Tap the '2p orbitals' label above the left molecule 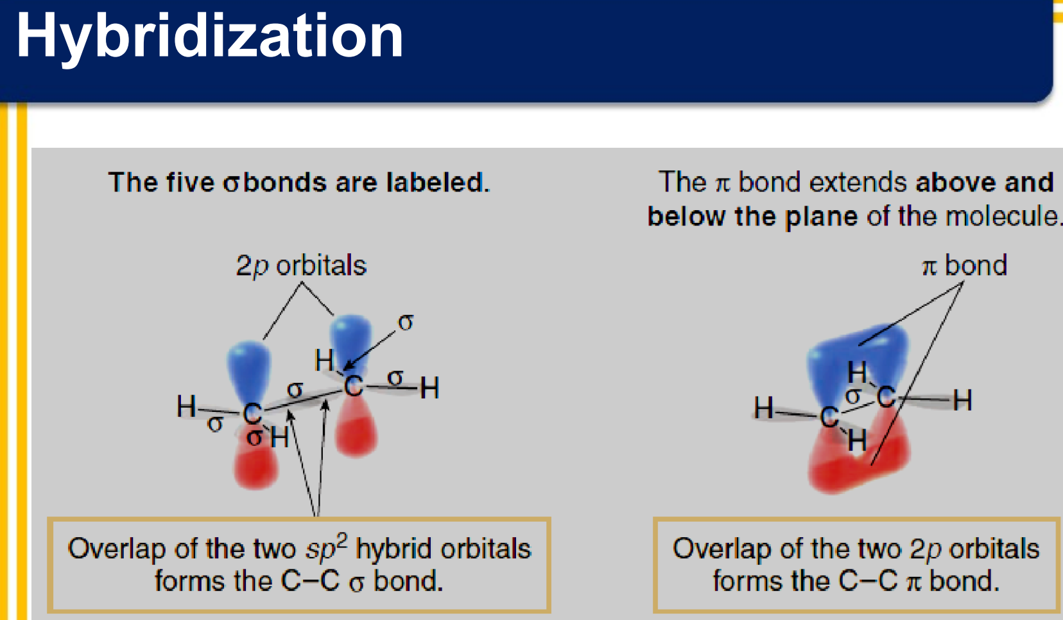click(301, 266)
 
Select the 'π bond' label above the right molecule click(964, 265)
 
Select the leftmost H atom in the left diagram click(186, 407)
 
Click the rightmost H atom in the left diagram click(429, 387)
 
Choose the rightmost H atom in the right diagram click(962, 400)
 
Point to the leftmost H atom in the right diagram click(764, 407)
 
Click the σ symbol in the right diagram click(853, 395)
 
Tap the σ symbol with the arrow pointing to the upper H click(406, 323)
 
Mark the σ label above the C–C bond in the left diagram click(295, 390)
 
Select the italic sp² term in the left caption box click(327, 547)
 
